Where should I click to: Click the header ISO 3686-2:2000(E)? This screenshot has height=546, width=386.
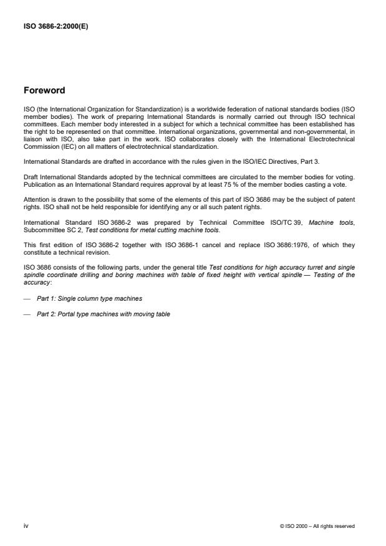(55, 27)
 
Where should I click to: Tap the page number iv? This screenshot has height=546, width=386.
(26, 525)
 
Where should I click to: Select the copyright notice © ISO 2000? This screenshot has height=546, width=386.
(317, 526)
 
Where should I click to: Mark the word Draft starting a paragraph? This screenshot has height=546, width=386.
(30, 177)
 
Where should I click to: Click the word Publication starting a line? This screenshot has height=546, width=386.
(38, 184)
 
